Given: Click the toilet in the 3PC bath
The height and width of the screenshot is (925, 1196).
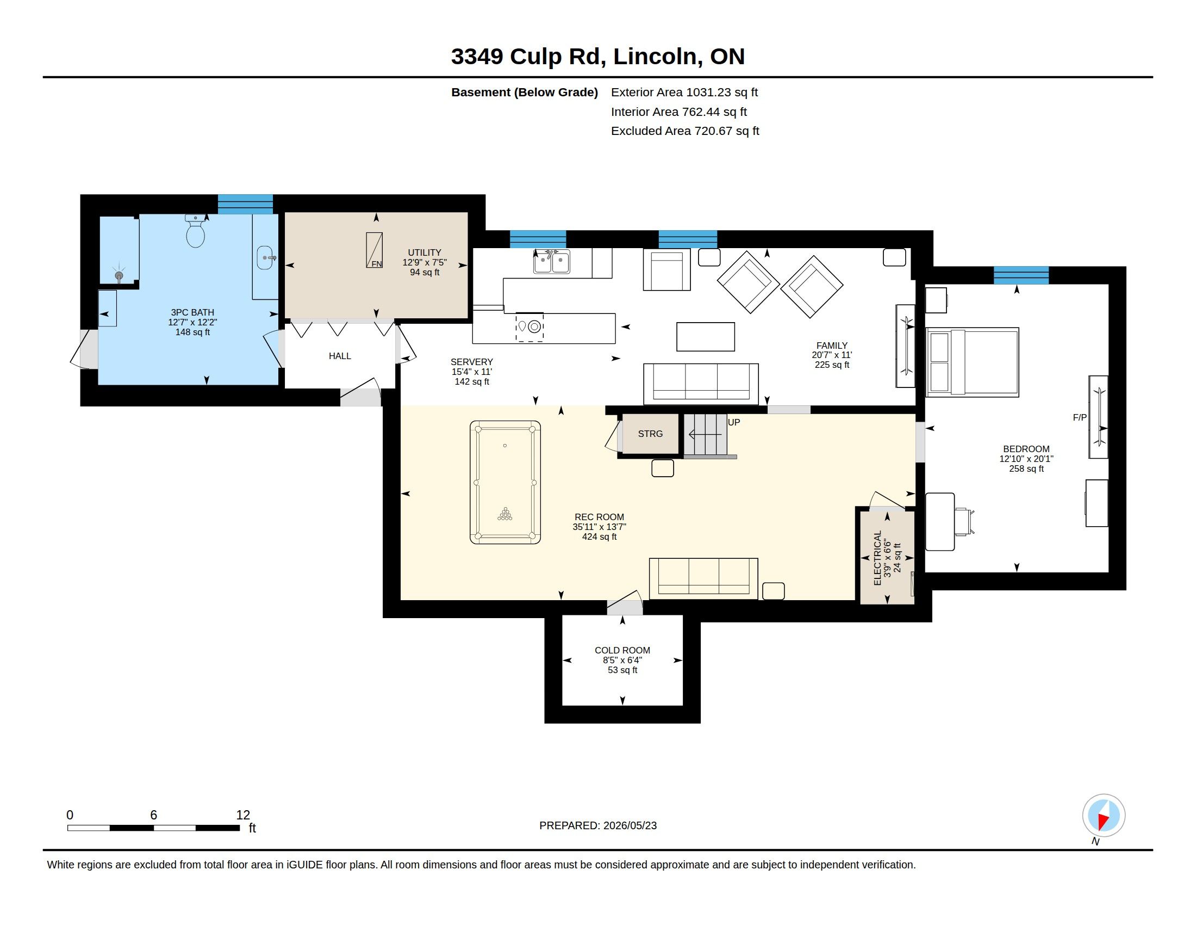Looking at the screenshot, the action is coord(196,231).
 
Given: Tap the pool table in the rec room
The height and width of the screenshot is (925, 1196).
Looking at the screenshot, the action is coord(505,482).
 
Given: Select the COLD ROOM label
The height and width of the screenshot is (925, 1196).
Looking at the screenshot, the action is coord(622,650).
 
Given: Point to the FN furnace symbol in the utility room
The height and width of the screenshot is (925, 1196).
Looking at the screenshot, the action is coord(375,250).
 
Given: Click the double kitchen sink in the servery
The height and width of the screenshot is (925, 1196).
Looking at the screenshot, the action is coord(551,261).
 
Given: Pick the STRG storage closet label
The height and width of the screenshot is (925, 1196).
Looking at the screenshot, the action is coord(650,434).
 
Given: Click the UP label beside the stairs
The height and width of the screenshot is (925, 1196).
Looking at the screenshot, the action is coord(734,422).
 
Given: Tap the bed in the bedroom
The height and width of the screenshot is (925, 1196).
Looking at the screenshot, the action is coord(972,362).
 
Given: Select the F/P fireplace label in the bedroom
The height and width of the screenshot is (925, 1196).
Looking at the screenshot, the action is coord(1080,417).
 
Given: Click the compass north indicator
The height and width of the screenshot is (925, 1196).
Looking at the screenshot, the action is coord(1104,816).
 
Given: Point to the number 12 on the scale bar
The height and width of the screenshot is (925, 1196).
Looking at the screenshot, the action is coord(243,815).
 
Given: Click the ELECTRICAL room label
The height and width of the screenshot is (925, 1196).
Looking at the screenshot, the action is coord(878,558).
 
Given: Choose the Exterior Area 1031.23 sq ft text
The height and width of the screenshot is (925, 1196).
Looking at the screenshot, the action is coord(684,92).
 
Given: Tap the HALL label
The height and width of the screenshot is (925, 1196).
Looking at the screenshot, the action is coord(340,356).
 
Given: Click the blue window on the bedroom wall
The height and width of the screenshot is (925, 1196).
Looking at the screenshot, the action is coord(1021,275).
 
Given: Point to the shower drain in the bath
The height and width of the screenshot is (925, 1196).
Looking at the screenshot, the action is coord(119,276).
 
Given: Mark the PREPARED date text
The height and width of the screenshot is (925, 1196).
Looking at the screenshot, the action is coord(598,825).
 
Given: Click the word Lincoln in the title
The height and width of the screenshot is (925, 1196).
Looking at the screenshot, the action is coord(655,57).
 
